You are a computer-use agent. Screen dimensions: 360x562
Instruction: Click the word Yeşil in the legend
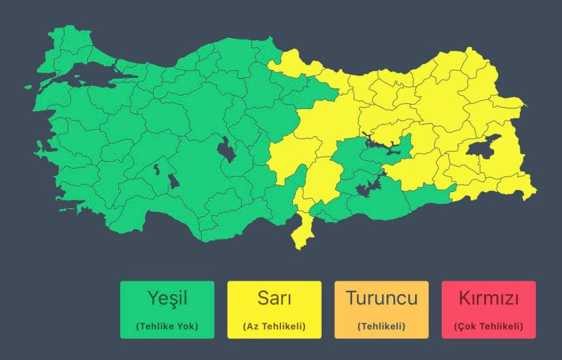(166, 298)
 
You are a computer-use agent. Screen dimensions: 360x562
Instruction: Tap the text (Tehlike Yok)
(167, 326)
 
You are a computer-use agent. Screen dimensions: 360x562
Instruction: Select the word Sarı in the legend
(274, 298)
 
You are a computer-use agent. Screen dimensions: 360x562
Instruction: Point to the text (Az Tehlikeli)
(274, 326)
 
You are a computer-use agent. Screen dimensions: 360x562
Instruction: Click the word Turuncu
(381, 298)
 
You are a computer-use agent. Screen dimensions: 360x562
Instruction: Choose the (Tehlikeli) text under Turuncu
(381, 326)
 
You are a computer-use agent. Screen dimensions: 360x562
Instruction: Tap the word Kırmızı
(489, 298)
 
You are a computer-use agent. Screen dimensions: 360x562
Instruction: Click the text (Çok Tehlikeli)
(489, 326)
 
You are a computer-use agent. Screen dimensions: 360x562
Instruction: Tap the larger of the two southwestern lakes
(171, 181)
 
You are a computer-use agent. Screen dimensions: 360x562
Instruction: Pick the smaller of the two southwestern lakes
(156, 169)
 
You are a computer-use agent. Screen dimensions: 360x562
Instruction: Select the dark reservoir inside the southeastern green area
(367, 188)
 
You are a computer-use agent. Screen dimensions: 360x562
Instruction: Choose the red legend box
(489, 309)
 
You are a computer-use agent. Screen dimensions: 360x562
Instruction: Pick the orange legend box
(381, 309)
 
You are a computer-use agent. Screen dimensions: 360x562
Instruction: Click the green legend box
(166, 309)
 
